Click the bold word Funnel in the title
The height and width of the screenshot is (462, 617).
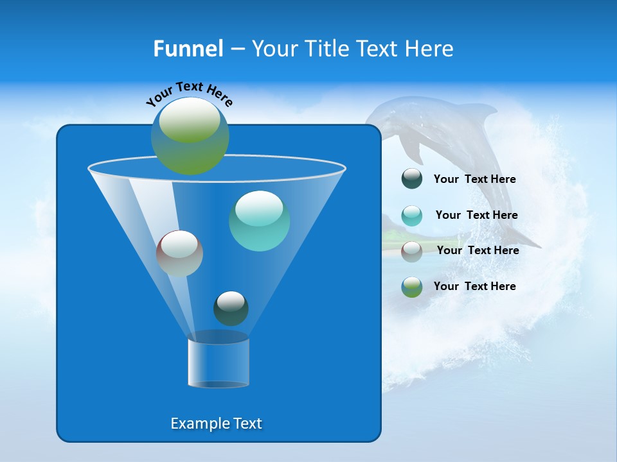pyautogui.click(x=188, y=48)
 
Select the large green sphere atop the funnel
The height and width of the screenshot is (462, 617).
pyautogui.click(x=190, y=136)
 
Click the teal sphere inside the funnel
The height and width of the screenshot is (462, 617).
pyautogui.click(x=259, y=221)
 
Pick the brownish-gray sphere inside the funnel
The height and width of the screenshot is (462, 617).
pyautogui.click(x=179, y=253)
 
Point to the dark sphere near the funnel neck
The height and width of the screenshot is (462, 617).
pyautogui.click(x=231, y=308)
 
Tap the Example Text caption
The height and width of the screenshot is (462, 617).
pyautogui.click(x=216, y=424)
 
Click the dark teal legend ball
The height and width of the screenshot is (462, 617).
pyautogui.click(x=412, y=179)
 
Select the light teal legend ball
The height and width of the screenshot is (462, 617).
pyautogui.click(x=412, y=216)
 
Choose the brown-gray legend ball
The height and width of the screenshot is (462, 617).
pyautogui.click(x=412, y=251)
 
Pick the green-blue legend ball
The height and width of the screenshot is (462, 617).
pyautogui.click(x=412, y=287)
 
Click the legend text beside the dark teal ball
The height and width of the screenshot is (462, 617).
pyautogui.click(x=474, y=179)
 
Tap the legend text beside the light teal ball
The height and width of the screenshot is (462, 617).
pyautogui.click(x=476, y=215)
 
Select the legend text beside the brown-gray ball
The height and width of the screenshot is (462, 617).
pyautogui.click(x=478, y=250)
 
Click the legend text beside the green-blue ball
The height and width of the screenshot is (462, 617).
pyautogui.click(x=474, y=286)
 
